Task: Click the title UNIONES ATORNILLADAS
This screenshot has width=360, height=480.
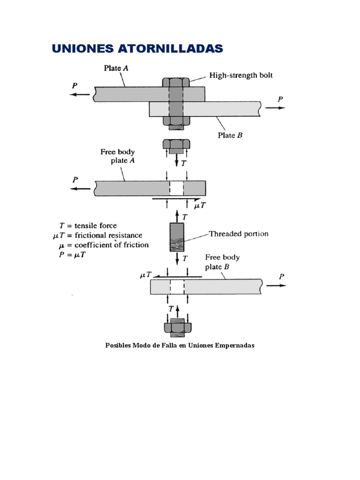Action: click(137, 48)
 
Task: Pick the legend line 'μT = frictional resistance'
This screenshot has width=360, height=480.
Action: click(97, 235)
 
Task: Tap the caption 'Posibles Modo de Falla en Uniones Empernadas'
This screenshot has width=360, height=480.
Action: click(180, 345)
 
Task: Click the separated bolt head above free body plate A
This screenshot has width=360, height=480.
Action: click(177, 146)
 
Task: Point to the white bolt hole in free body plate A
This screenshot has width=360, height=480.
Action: click(177, 188)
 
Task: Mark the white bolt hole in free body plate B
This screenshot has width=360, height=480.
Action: click(177, 286)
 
